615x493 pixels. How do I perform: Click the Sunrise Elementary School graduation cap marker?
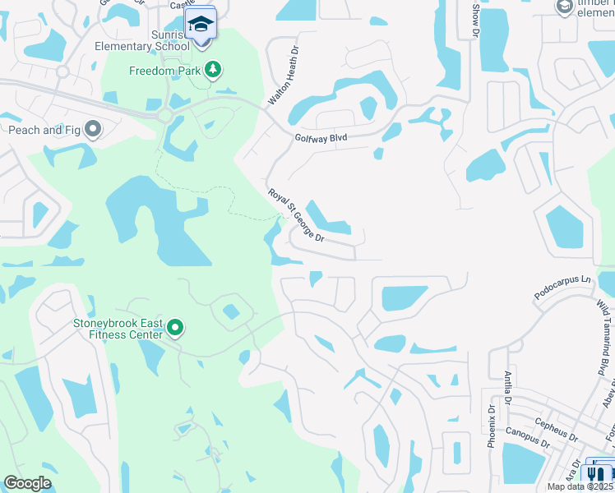(x=201, y=25)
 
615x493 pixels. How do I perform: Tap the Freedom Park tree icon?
(x=214, y=71)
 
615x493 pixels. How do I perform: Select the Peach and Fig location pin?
(x=93, y=129)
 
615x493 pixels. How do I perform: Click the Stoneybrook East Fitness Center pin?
(x=175, y=329)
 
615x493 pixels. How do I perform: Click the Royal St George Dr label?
(x=297, y=215)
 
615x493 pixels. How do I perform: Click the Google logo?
(x=28, y=483)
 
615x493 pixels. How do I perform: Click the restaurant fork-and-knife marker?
(x=595, y=474)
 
